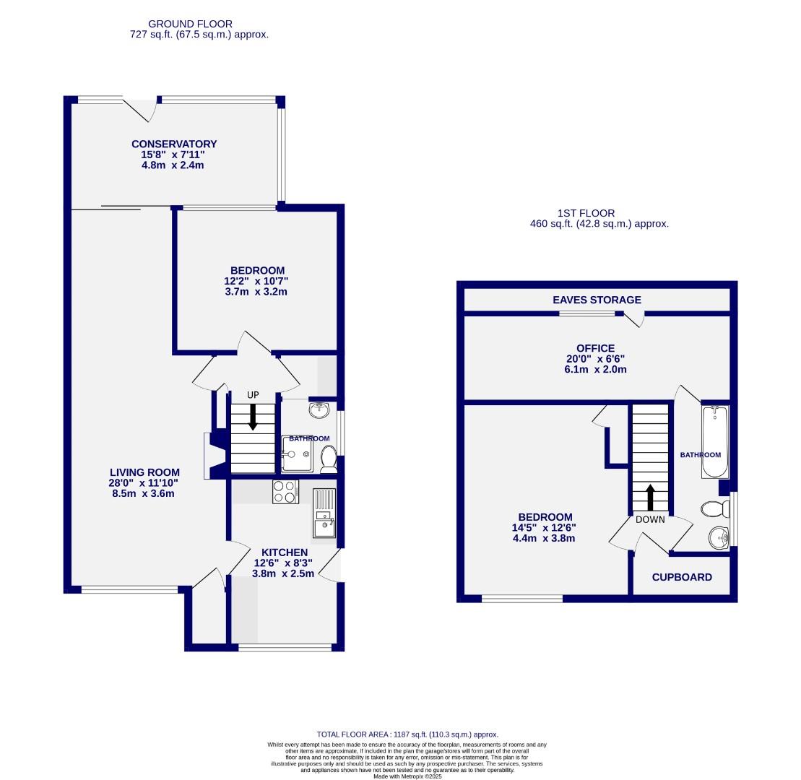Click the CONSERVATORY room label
173,144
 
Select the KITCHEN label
284,552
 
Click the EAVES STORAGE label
597,300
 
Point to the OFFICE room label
596,348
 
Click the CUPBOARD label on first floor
682,577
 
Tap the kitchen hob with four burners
285,491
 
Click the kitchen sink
324,525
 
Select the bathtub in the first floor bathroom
715,442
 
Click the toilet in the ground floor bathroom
329,458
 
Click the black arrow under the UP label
253,417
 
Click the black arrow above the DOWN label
650,498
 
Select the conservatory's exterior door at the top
142,109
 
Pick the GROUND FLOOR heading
191,24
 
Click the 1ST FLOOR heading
586,213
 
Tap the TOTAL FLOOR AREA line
407,734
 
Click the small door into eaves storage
634,318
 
